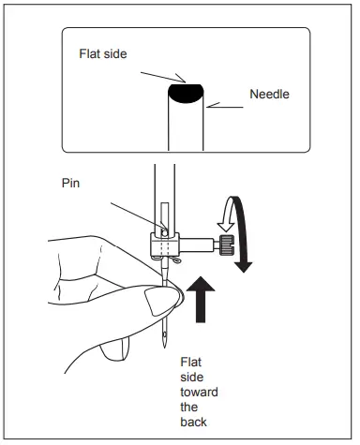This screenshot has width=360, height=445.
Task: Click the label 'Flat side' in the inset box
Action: coord(102,53)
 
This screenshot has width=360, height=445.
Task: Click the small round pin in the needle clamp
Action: coord(164,228)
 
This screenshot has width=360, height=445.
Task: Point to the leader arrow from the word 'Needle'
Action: coord(226,106)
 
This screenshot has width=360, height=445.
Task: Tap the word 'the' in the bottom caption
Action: coord(190,408)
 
